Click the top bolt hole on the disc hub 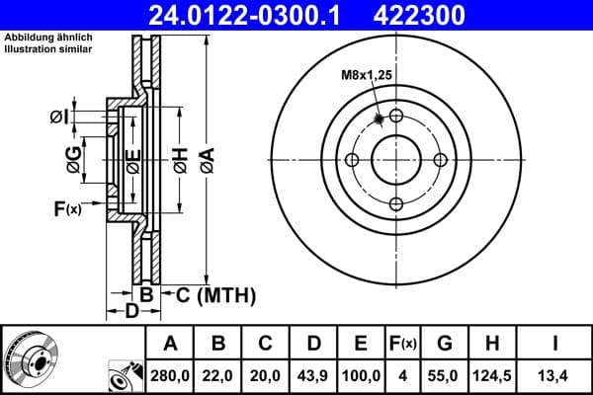(396, 116)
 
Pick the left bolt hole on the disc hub (351, 160)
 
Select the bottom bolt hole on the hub (396, 204)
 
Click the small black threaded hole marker (379, 119)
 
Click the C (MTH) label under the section (208, 294)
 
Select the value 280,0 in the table (171, 376)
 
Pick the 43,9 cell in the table (313, 376)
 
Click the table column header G (446, 344)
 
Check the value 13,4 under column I (555, 376)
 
